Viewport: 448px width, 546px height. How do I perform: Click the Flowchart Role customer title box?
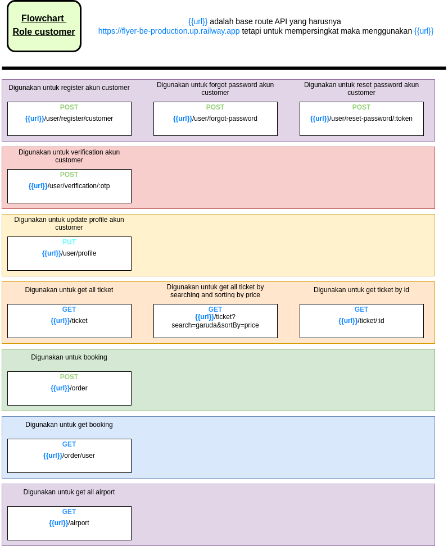coord(44,26)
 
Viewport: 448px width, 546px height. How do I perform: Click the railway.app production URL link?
coord(169,31)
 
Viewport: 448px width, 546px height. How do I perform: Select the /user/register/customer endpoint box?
coord(69,119)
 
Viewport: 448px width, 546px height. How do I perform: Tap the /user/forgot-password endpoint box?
coord(215,119)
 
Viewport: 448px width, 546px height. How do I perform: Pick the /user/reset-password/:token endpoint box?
coord(361,119)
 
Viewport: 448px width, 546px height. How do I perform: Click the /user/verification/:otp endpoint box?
coord(69,186)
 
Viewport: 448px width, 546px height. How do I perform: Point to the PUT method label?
coord(69,242)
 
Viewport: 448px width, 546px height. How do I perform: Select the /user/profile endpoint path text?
coord(69,253)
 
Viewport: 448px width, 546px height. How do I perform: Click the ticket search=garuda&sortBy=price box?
coord(215,321)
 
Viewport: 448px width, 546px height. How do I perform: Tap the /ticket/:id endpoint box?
coord(361,321)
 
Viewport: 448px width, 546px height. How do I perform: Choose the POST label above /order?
coord(69,377)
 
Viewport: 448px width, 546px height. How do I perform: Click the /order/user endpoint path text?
coord(69,456)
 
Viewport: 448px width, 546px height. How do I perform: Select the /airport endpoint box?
coord(69,523)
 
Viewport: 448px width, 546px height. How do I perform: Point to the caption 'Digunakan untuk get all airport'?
coord(69,492)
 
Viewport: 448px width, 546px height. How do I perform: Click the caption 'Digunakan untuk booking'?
coord(69,357)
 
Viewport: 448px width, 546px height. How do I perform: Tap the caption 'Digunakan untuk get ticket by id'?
coord(361,290)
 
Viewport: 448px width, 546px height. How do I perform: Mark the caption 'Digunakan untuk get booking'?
coord(69,425)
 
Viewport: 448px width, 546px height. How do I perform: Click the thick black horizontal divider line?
coord(224,68)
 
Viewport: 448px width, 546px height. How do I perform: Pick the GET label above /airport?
coord(69,512)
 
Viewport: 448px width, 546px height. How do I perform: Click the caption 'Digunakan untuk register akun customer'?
coord(69,88)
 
